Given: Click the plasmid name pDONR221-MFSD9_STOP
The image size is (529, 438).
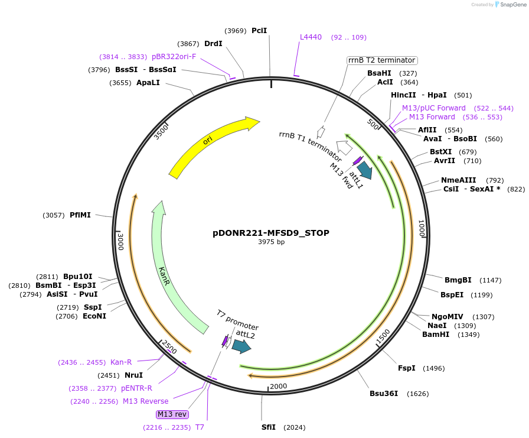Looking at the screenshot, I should tap(270, 233).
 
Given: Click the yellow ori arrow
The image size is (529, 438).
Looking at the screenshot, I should tap(213, 144).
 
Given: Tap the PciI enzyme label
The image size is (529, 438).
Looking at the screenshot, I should tap(259, 30).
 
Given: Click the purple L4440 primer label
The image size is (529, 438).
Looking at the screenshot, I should tap(311, 37).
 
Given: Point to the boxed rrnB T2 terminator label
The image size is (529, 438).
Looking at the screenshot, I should tap(382, 60).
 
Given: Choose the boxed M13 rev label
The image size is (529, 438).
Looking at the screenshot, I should tap(172, 414).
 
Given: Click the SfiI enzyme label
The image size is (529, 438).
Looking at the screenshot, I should tap(269, 427).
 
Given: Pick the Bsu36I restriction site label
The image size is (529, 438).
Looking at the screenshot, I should tap(384, 393).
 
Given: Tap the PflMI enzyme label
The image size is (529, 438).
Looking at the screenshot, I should tap(80, 215).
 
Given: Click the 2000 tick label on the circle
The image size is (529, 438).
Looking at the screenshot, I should tap(278, 387).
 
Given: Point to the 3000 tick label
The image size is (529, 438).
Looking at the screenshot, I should tap(121, 241).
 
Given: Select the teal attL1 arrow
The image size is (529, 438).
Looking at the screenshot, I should tap(365, 170).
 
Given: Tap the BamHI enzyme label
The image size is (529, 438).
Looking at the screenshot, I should tap(436, 335).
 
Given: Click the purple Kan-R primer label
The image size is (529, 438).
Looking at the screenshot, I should tap(121, 362).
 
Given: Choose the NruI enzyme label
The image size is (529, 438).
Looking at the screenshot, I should tap(133, 375).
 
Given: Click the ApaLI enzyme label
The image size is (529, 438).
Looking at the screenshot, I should tap(148, 83).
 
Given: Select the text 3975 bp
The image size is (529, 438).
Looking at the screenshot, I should tap(271, 242).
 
